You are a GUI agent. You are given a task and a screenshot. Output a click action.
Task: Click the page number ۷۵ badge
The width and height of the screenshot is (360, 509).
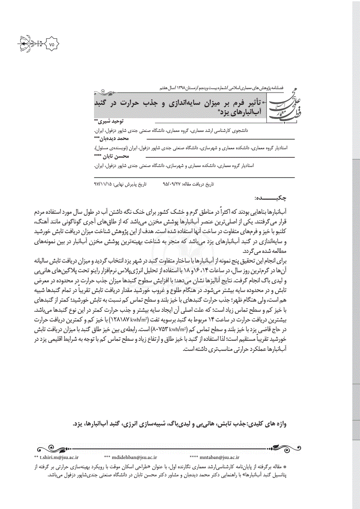pyautogui.click(x=51, y=44)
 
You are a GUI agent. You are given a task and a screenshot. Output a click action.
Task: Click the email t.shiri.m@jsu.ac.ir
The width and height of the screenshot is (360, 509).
pyautogui.click(x=57, y=457)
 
